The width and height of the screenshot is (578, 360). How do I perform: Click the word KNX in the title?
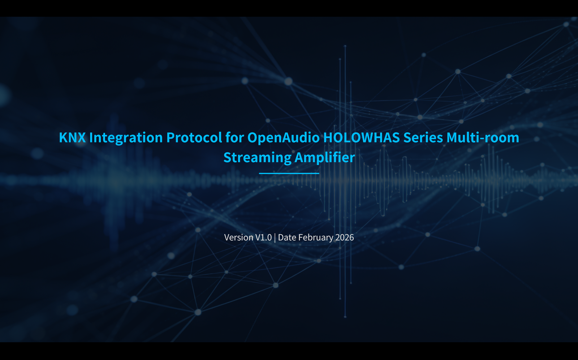[72, 138]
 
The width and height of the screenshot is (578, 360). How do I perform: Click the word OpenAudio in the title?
[283, 138]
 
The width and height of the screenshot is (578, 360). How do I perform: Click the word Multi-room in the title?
[483, 138]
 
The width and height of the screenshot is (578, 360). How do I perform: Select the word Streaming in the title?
[257, 158]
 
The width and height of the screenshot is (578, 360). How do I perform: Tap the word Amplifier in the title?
[325, 158]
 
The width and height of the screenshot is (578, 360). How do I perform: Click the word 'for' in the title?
[234, 138]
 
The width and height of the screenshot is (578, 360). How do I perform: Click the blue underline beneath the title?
[289, 173]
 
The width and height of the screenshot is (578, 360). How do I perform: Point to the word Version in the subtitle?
[239, 237]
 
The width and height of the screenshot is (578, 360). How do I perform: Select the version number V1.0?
[263, 237]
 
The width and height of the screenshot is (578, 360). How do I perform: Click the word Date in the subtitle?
[287, 237]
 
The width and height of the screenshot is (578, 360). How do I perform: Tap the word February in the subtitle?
[316, 237]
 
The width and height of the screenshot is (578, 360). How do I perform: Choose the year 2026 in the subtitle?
[345, 237]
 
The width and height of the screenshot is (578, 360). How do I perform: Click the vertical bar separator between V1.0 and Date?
[275, 237]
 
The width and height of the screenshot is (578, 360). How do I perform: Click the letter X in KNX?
[81, 138]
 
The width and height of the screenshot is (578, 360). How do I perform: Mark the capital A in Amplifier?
[299, 158]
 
